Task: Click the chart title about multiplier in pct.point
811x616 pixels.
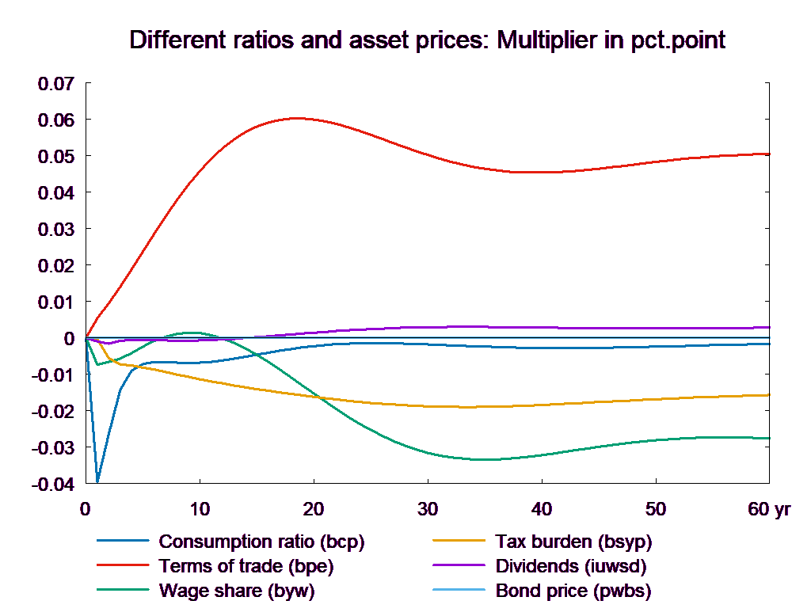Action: [428, 40]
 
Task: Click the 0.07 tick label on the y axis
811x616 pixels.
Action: [55, 84]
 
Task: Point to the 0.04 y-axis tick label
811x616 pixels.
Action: [55, 193]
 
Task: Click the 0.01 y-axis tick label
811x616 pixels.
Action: [55, 302]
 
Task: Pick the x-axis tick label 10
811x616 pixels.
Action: [200, 509]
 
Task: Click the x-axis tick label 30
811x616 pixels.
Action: [428, 509]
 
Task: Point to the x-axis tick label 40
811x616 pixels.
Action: [542, 509]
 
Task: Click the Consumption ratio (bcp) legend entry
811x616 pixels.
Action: [261, 542]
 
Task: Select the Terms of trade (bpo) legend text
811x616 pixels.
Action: [246, 567]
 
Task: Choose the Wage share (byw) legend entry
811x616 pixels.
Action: [237, 591]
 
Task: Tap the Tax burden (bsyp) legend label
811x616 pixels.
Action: [573, 542]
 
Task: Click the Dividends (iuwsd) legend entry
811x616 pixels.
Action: [571, 567]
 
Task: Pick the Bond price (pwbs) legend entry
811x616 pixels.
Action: [573, 591]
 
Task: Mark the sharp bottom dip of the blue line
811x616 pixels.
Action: [97, 481]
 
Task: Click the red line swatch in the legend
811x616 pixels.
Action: [124, 567]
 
